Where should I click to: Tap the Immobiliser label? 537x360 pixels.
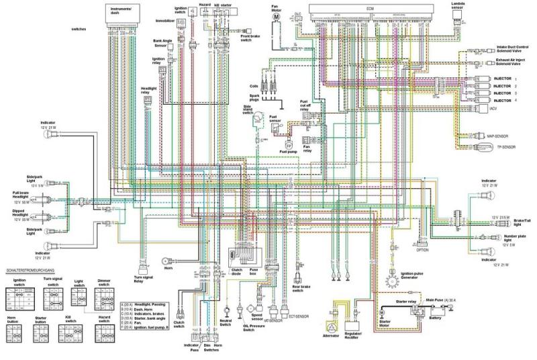tap(165, 21)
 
